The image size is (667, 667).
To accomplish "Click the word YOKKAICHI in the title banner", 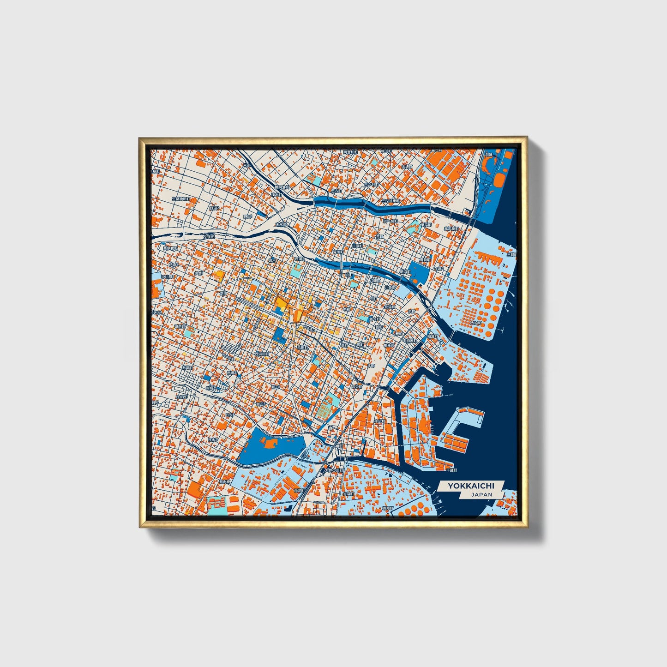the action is pyautogui.click(x=471, y=486).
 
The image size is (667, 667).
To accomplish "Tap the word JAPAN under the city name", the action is pyautogui.click(x=481, y=494).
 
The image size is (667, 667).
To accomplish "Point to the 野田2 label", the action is pyautogui.click(x=215, y=208).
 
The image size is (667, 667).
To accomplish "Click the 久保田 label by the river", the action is pyautogui.click(x=209, y=236).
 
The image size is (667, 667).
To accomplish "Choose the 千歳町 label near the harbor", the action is pyautogui.click(x=451, y=470).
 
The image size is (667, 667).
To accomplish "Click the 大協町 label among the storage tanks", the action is pyautogui.click(x=476, y=323).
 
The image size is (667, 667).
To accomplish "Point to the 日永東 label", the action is pyautogui.click(x=225, y=481).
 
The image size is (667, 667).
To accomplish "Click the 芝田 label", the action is pyautogui.click(x=223, y=293).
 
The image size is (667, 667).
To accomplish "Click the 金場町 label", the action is pyautogui.click(x=406, y=166).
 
